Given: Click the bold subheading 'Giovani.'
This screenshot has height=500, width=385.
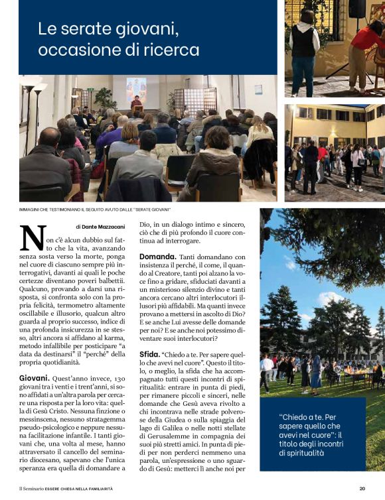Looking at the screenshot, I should [37, 378].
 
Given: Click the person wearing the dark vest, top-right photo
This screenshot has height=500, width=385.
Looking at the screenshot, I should [304, 46].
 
